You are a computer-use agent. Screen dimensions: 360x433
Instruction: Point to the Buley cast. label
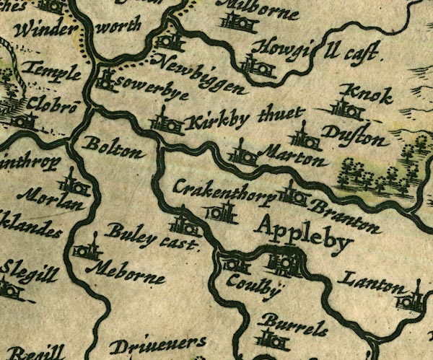click(x=151, y=237)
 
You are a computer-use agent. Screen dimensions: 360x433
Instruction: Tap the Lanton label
click(x=372, y=284)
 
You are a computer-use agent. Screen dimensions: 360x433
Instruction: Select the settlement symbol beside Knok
click(x=347, y=110)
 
